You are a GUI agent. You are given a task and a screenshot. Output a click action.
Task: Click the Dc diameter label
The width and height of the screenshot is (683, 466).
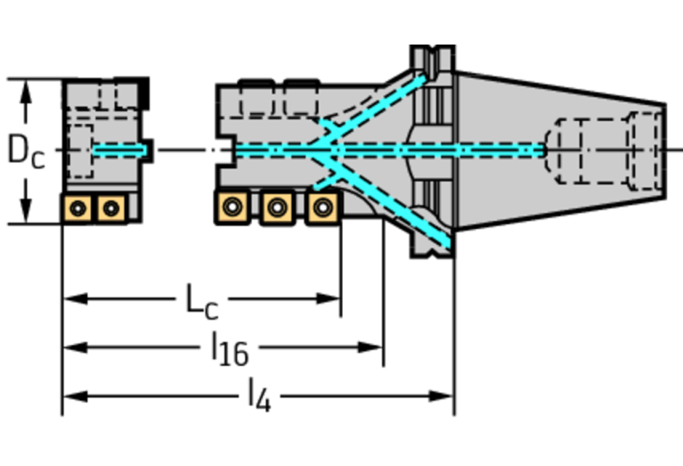click(26, 151)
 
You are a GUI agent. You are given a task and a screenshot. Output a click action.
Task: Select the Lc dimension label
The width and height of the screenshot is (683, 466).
click(201, 302)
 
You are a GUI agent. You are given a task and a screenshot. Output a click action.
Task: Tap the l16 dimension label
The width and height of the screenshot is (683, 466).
click(230, 349)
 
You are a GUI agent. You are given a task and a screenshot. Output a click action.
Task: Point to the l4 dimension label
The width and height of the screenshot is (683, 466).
click(259, 396)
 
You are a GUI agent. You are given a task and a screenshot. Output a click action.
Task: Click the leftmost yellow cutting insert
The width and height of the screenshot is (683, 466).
click(78, 208)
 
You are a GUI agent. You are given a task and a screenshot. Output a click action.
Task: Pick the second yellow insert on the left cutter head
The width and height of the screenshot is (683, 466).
click(111, 208)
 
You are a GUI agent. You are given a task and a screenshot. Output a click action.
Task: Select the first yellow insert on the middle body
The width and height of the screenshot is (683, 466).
click(232, 207)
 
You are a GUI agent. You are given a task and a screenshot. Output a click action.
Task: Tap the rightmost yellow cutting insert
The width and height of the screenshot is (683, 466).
click(322, 208)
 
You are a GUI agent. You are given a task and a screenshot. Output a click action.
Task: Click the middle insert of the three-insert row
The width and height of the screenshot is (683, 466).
click(278, 208)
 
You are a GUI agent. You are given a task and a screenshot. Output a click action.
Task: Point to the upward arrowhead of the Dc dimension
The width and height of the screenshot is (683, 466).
click(26, 92)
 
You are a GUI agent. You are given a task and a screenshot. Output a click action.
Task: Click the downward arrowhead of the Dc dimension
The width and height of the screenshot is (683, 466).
click(26, 211)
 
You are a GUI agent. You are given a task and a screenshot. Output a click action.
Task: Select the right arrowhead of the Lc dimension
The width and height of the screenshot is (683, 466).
click(329, 298)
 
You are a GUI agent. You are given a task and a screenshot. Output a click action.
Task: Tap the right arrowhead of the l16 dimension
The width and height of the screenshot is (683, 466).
click(370, 347)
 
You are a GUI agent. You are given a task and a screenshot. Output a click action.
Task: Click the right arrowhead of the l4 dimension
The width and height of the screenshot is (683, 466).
click(442, 397)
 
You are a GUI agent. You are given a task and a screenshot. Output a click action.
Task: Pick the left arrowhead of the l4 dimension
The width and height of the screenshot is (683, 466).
click(76, 397)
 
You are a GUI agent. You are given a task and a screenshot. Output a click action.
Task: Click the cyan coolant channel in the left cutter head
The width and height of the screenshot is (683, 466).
click(120, 151)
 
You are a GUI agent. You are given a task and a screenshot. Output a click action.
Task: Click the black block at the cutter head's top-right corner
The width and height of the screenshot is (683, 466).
click(144, 94)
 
